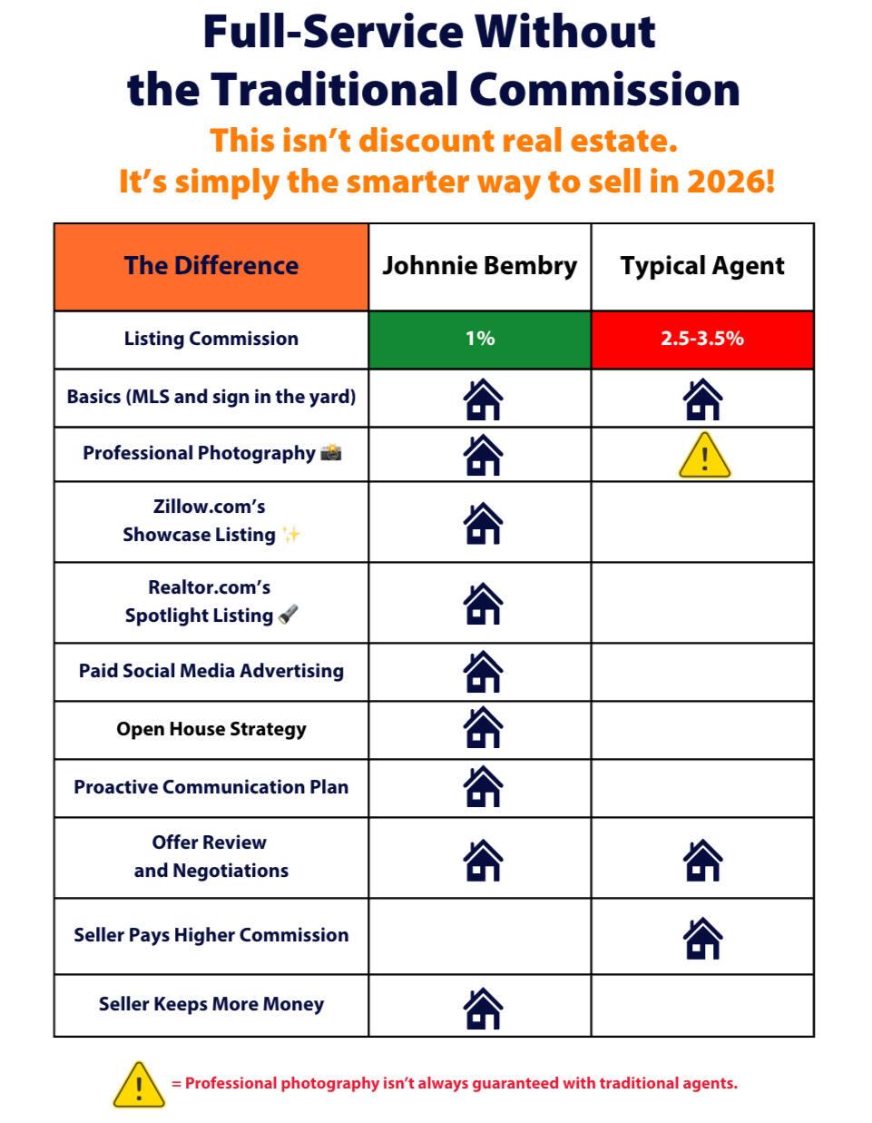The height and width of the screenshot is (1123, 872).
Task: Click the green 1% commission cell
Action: (x=480, y=340)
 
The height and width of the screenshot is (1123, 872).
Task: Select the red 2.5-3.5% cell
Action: (x=702, y=340)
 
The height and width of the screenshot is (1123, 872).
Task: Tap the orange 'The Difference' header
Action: (x=211, y=267)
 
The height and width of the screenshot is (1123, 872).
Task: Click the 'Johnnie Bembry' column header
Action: (x=480, y=266)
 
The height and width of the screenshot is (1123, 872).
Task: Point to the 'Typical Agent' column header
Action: (x=702, y=266)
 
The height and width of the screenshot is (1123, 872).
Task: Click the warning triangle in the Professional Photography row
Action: (x=704, y=456)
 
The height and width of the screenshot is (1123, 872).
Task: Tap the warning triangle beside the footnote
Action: (x=139, y=1084)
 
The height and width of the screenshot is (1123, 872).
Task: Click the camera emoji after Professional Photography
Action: (x=331, y=452)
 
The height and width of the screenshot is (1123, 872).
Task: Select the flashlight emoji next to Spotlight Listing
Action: (x=288, y=614)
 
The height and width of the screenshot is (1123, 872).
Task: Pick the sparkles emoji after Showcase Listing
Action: (x=290, y=535)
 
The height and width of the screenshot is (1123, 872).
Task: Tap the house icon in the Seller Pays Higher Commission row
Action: (x=702, y=938)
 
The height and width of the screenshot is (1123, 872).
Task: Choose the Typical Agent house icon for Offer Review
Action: (x=702, y=860)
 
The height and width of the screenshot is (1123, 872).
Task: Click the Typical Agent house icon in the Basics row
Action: (x=702, y=399)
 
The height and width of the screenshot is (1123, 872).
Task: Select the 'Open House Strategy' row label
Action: (x=211, y=729)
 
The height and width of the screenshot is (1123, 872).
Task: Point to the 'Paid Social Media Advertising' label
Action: (x=211, y=671)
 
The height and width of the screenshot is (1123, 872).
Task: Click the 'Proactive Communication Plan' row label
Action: (x=211, y=787)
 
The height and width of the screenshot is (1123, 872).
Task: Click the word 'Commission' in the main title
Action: (x=604, y=89)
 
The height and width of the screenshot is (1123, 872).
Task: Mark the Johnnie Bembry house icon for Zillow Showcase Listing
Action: (x=483, y=523)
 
